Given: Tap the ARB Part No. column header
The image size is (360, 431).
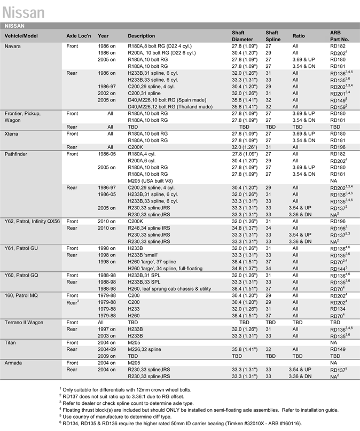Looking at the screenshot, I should click(339, 36).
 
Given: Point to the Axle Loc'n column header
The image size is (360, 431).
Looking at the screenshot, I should click(79, 36).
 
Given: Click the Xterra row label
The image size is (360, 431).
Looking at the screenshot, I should click(13, 134).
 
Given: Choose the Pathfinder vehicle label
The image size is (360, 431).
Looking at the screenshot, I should click(17, 154).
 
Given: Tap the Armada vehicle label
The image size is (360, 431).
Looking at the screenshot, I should click(14, 363).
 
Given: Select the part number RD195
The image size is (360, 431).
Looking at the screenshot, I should click(338, 228).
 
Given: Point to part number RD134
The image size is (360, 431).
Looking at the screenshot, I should click(338, 309).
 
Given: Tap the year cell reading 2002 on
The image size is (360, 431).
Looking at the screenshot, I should click(106, 93).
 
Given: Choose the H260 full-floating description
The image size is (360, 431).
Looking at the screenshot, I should click(169, 269).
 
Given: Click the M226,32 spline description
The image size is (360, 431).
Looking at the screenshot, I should click(144, 349).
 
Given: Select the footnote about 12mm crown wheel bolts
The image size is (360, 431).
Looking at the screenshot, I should click(126, 390).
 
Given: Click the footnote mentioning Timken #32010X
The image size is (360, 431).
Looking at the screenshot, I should click(182, 422).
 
